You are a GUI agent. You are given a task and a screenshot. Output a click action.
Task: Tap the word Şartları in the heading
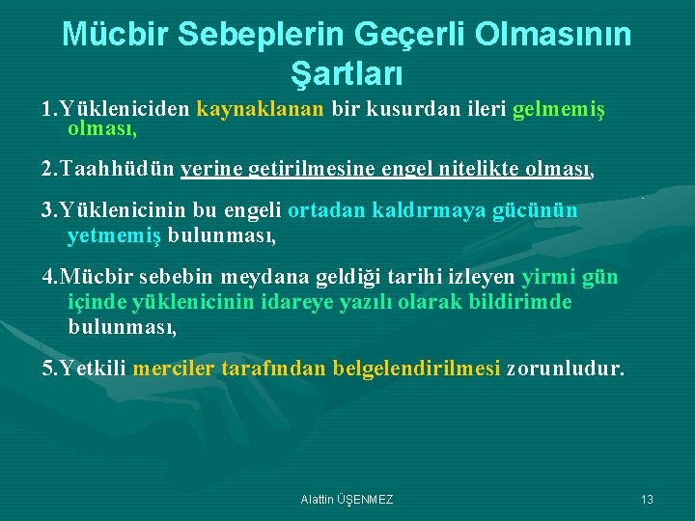(347, 71)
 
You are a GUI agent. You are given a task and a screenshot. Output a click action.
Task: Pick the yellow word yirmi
(547, 278)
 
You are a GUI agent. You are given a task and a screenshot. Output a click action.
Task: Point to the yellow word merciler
(173, 369)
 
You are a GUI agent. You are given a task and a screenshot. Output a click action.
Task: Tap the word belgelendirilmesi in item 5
(416, 369)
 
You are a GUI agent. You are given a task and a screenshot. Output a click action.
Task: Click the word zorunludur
(566, 369)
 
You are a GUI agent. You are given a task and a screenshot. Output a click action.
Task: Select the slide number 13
(647, 499)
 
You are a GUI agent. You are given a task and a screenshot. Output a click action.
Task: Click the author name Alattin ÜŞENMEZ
(347, 499)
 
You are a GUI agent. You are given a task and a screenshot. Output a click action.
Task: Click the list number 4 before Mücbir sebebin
(47, 278)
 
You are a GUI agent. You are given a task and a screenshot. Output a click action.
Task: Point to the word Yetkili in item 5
(94, 369)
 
